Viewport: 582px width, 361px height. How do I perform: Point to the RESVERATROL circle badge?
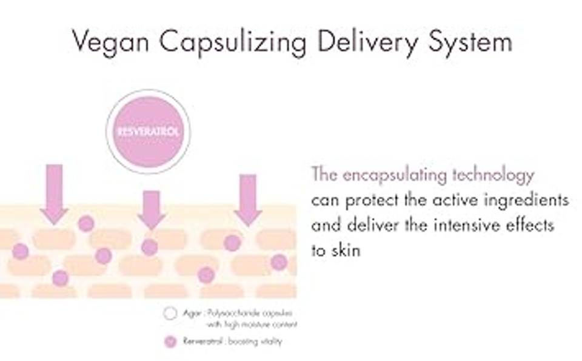149,131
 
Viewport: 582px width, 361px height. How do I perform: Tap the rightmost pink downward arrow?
247,199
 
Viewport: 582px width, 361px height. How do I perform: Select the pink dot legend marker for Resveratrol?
170,342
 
